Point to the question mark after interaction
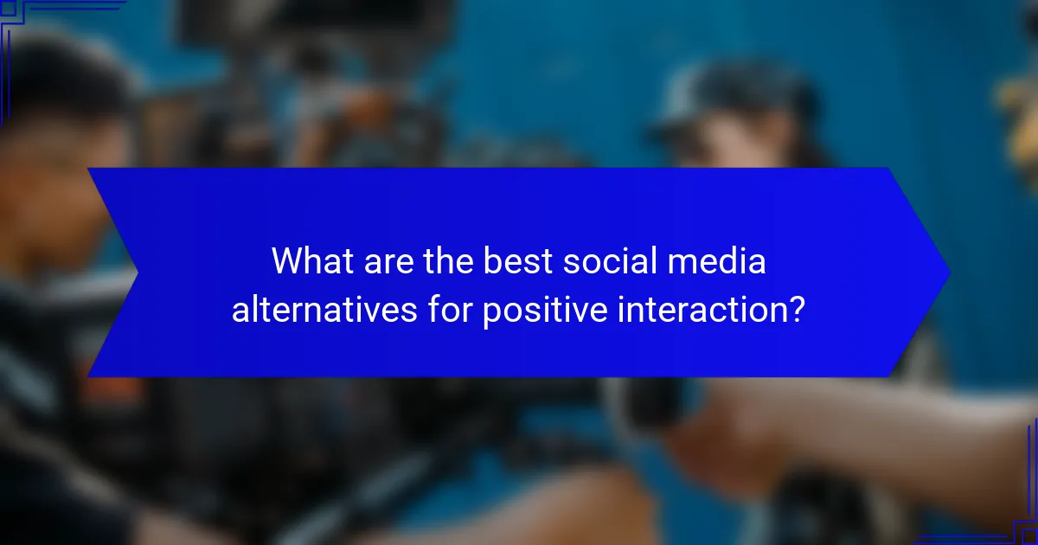(x=797, y=309)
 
